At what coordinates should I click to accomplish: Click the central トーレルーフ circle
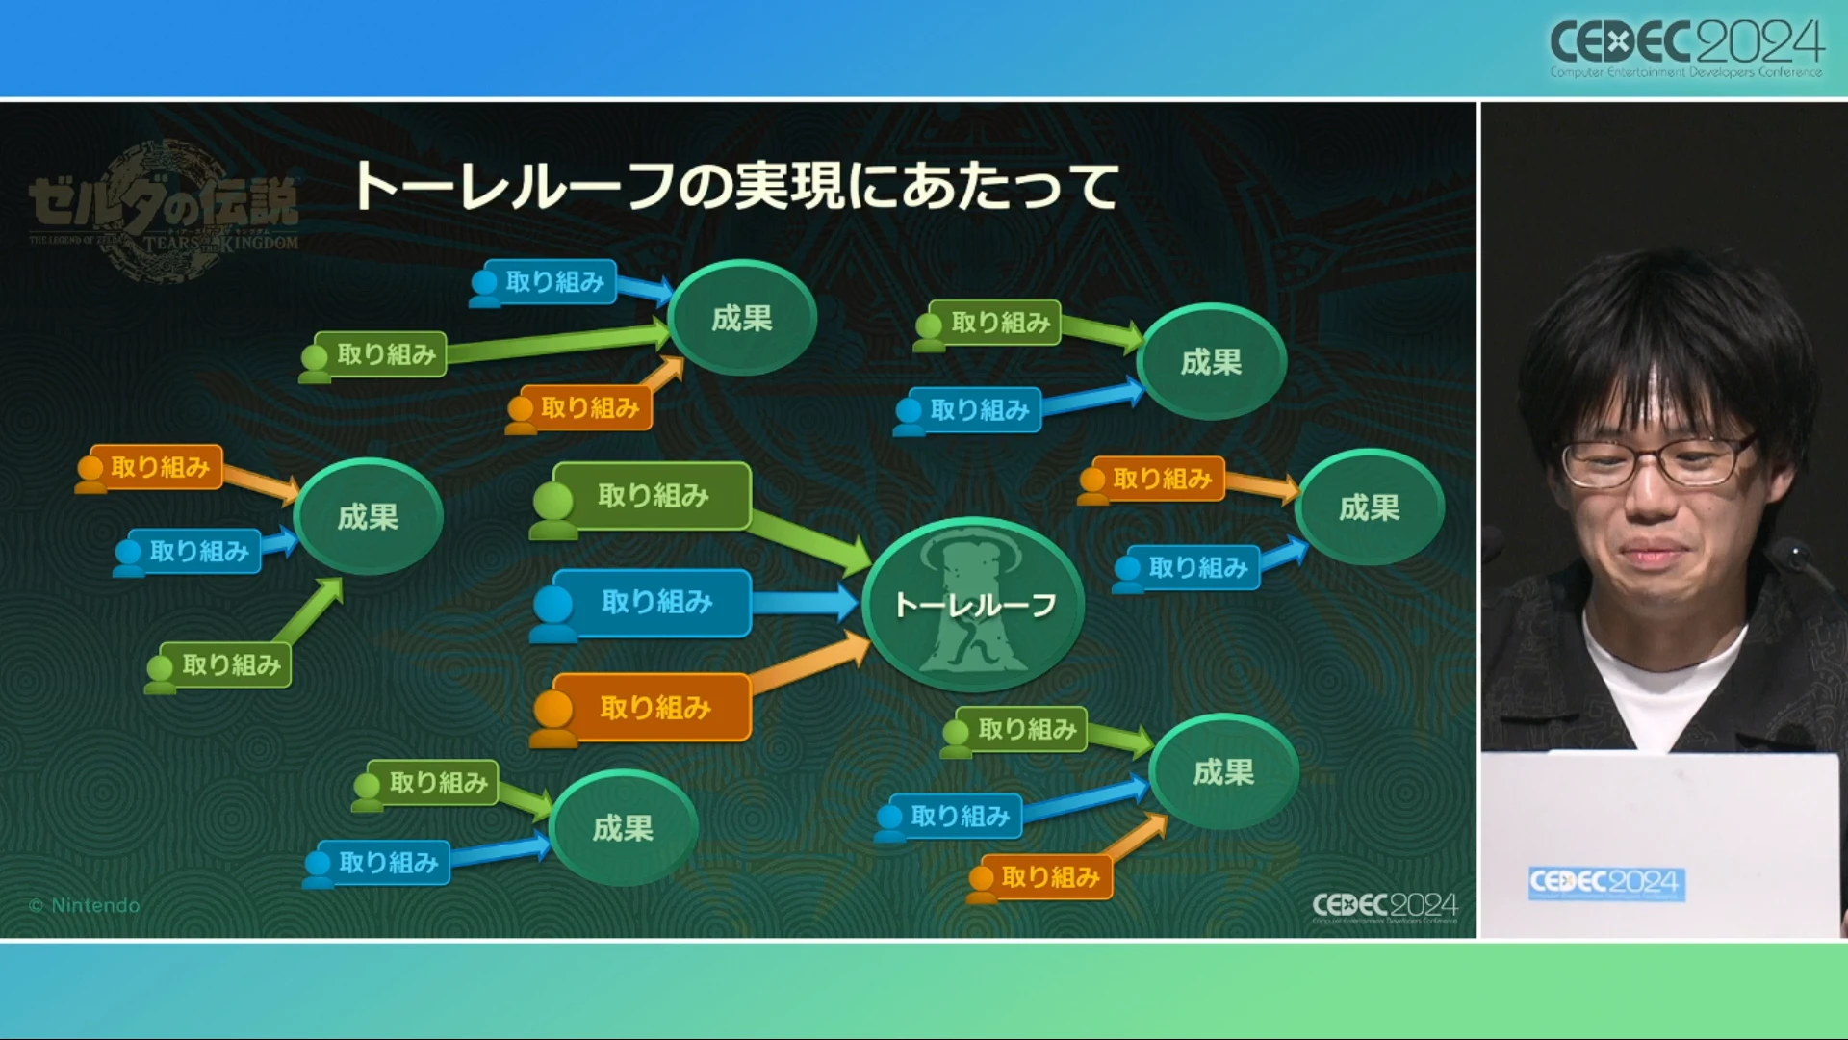coord(973,605)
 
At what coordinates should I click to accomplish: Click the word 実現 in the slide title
coord(789,186)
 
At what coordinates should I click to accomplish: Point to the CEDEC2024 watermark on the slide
coord(1385,906)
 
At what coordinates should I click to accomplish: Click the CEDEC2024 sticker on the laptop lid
coord(1605,883)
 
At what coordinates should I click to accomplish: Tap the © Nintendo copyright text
coord(85,905)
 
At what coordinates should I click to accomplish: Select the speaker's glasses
coord(1655,460)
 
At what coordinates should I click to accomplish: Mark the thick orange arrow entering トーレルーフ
coord(808,664)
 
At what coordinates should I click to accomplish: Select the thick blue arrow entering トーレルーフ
coord(804,603)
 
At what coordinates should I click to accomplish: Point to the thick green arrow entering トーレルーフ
coord(808,539)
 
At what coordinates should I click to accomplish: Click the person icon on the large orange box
coord(553,717)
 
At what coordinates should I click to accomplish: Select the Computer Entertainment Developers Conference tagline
coord(1685,72)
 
